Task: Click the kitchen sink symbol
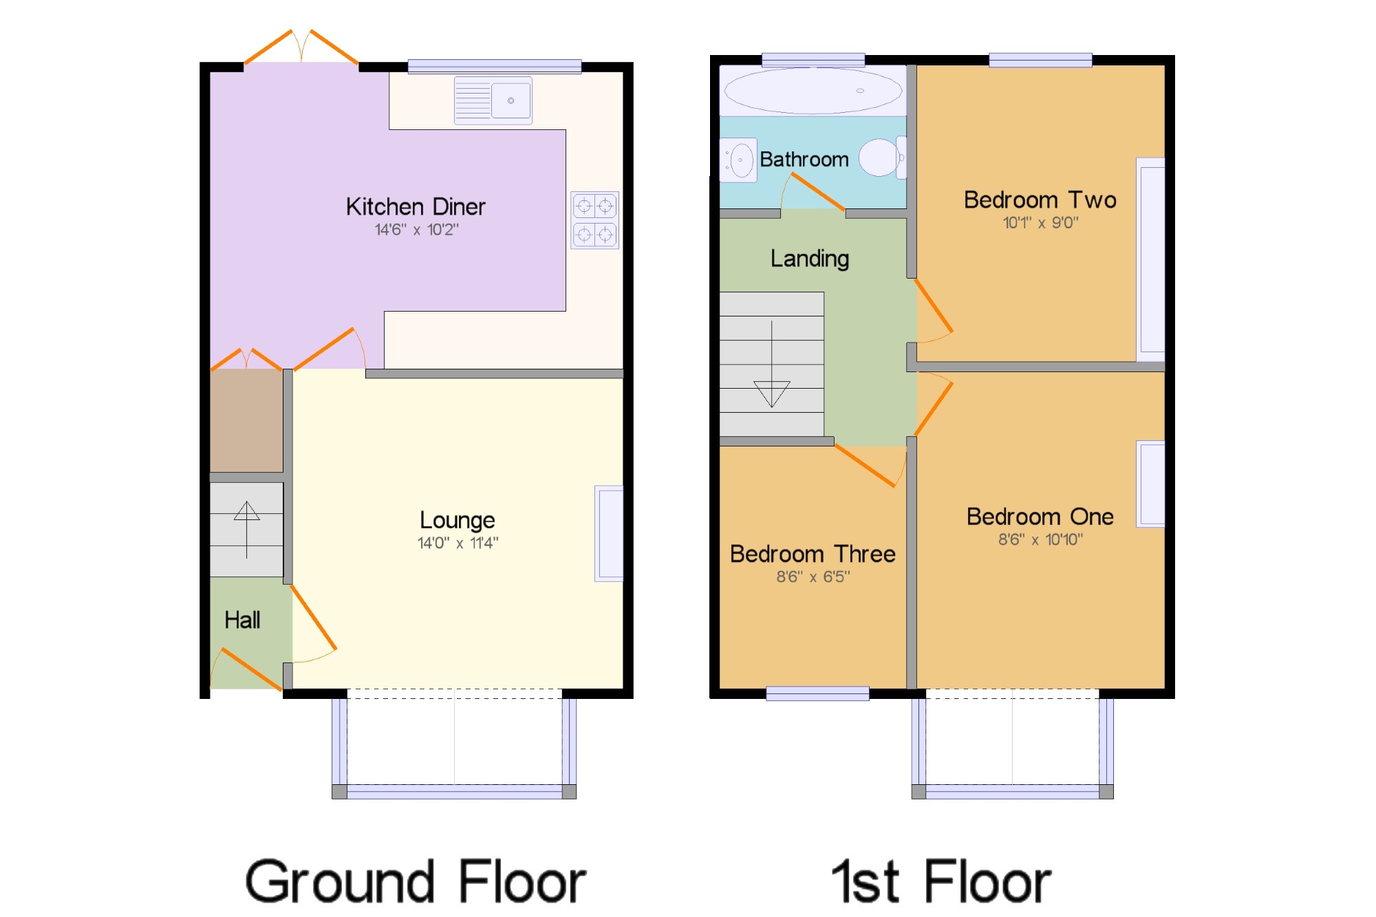coord(493,100)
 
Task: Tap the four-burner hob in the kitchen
coord(594,220)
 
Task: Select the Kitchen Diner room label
coord(416,206)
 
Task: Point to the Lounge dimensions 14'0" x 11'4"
coord(458,543)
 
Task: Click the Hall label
coord(242,620)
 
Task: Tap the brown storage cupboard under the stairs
coord(246,420)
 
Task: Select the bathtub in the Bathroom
coord(813,91)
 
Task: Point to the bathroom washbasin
coord(739,160)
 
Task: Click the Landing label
coord(810,259)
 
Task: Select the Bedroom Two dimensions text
coord(1040,223)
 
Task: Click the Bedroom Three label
coord(813,554)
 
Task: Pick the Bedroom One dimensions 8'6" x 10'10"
coord(1040,540)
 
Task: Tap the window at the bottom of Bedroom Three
coord(817,693)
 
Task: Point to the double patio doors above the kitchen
coord(301,48)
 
